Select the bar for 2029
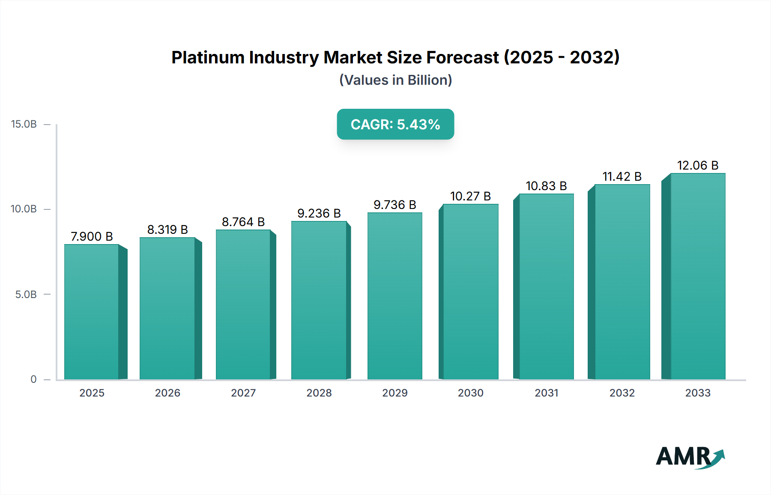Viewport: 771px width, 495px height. pyautogui.click(x=394, y=296)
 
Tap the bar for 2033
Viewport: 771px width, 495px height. pyautogui.click(x=697, y=276)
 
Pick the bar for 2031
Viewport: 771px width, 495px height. pyautogui.click(x=546, y=286)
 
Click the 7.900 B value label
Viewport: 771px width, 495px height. pyautogui.click(x=92, y=236)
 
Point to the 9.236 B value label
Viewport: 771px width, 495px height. pyautogui.click(x=319, y=213)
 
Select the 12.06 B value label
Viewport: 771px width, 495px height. pyautogui.click(x=697, y=165)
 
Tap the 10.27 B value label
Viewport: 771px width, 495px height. pyautogui.click(x=470, y=196)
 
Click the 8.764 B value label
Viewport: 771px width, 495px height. pyautogui.click(x=243, y=222)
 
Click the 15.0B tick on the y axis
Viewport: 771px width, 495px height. pyautogui.click(x=24, y=124)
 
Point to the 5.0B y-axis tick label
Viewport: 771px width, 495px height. pyautogui.click(x=26, y=295)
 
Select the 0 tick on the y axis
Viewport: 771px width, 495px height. pyautogui.click(x=33, y=379)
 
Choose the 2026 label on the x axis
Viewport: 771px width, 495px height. pyautogui.click(x=167, y=393)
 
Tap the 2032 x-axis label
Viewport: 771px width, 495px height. pyautogui.click(x=622, y=393)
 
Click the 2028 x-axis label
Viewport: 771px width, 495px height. pyautogui.click(x=319, y=393)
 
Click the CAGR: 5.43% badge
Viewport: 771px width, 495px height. pyautogui.click(x=395, y=124)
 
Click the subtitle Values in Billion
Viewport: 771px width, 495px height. pyautogui.click(x=395, y=80)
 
